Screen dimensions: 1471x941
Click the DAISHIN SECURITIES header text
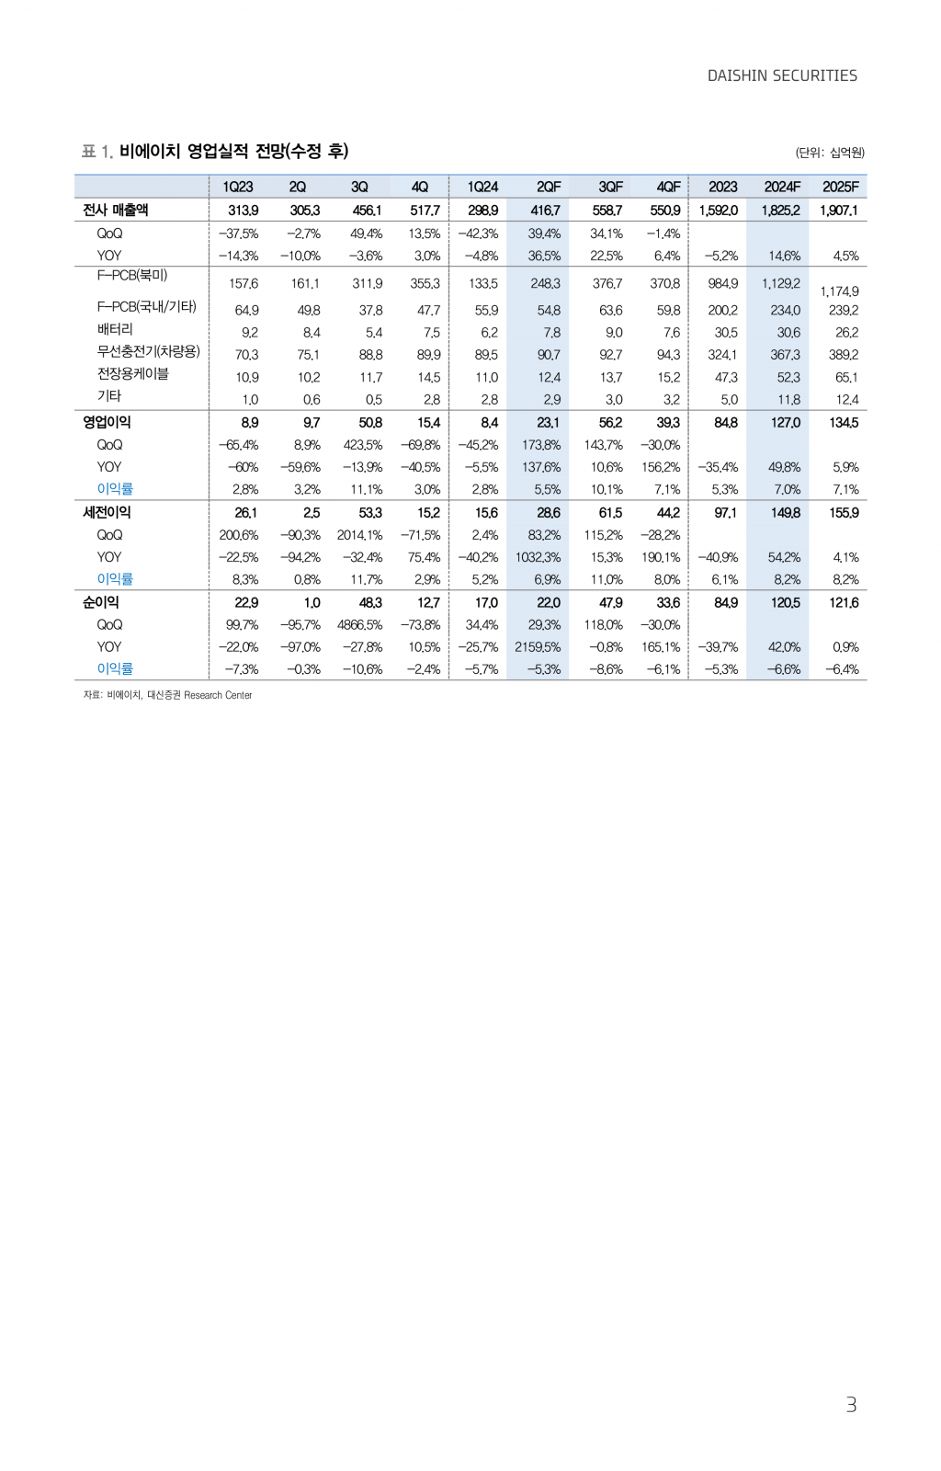point(782,75)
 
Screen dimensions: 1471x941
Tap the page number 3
point(851,1404)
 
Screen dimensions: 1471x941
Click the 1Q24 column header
point(482,187)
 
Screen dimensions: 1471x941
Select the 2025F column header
point(840,187)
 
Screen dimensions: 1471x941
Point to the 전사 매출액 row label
point(116,210)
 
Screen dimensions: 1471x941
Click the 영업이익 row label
point(108,422)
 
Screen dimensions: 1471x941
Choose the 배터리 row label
point(115,329)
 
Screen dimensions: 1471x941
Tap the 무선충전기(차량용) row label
point(149,351)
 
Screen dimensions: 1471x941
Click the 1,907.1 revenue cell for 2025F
point(839,211)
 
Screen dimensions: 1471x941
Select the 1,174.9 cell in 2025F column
point(840,291)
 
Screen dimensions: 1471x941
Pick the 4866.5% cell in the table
point(359,625)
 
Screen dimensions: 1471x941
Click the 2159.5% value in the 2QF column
point(538,647)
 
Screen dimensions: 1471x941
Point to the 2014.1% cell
point(359,535)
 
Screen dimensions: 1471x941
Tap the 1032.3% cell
point(538,557)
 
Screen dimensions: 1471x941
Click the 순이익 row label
point(101,602)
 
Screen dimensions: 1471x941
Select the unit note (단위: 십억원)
point(830,153)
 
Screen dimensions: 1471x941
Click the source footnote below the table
point(167,695)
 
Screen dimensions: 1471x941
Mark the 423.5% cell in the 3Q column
point(363,445)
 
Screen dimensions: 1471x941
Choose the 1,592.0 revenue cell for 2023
point(718,211)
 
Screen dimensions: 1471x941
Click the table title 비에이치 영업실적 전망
point(233,151)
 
